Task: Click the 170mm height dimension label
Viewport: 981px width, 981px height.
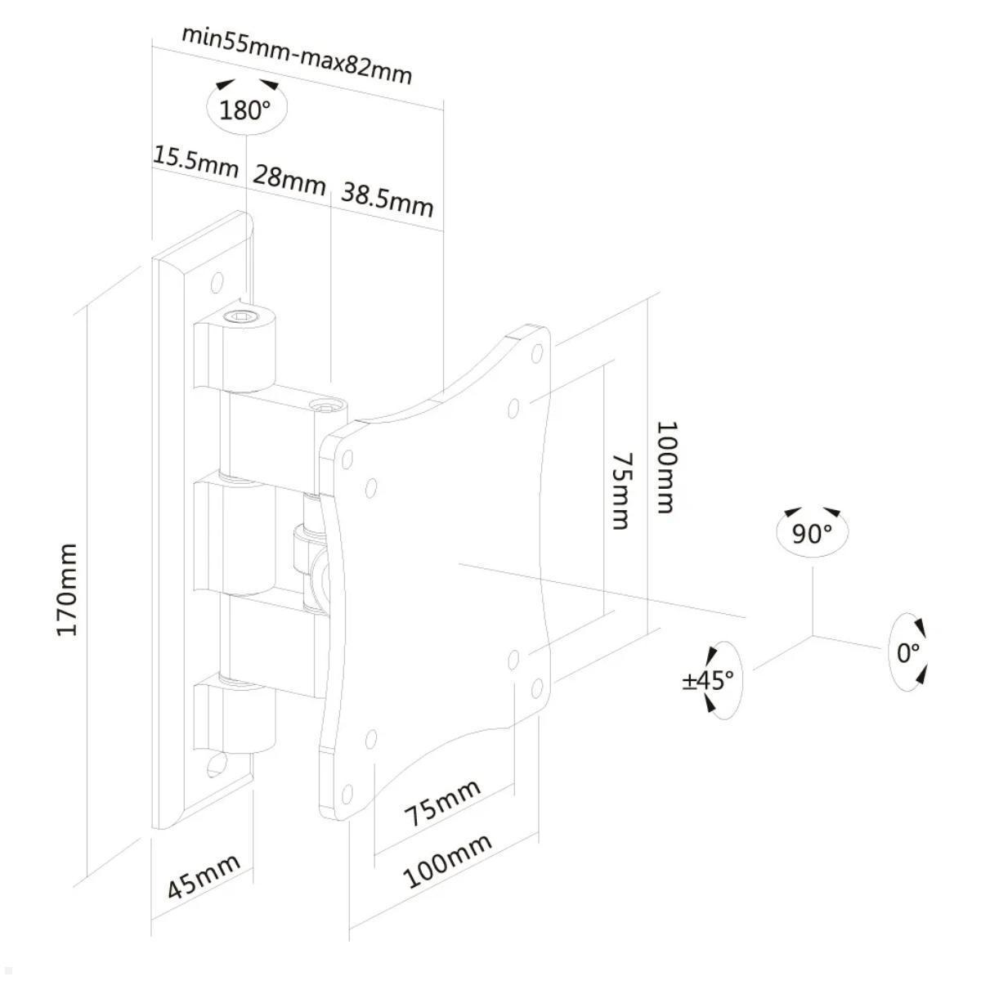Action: pos(67,589)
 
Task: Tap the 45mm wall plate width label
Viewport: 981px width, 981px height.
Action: pos(204,876)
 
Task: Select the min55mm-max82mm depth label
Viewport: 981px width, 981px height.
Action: pos(297,56)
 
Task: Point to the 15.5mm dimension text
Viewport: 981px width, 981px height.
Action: pos(196,162)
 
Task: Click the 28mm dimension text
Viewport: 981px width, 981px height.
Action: pos(289,180)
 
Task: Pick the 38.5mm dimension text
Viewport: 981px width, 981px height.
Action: pos(387,199)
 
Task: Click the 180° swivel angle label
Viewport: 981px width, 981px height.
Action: pos(245,110)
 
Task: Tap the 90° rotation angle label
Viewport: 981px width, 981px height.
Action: pos(812,534)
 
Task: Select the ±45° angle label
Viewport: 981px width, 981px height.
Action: pos(709,681)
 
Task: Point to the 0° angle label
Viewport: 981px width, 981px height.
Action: pos(908,653)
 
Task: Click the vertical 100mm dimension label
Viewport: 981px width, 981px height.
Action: pos(667,467)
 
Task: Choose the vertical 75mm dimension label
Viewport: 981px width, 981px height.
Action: pos(620,492)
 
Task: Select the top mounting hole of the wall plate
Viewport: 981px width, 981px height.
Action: pos(217,281)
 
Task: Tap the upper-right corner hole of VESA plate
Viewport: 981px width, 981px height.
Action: pos(537,354)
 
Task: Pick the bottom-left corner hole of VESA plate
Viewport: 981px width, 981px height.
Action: pos(347,795)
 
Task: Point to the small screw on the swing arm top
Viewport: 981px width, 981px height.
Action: pos(324,407)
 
